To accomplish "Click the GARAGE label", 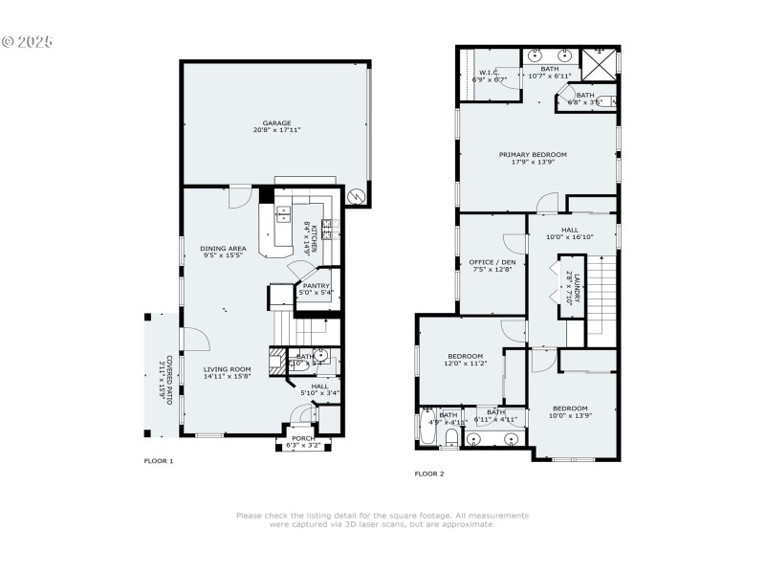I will tap(276, 122).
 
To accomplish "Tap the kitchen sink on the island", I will tap(284, 215).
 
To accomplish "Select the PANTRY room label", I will tap(316, 285).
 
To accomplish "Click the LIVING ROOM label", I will tap(227, 369).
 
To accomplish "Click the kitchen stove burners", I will tap(326, 227).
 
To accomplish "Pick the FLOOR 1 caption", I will tap(158, 461).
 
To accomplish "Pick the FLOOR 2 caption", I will tap(428, 474).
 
